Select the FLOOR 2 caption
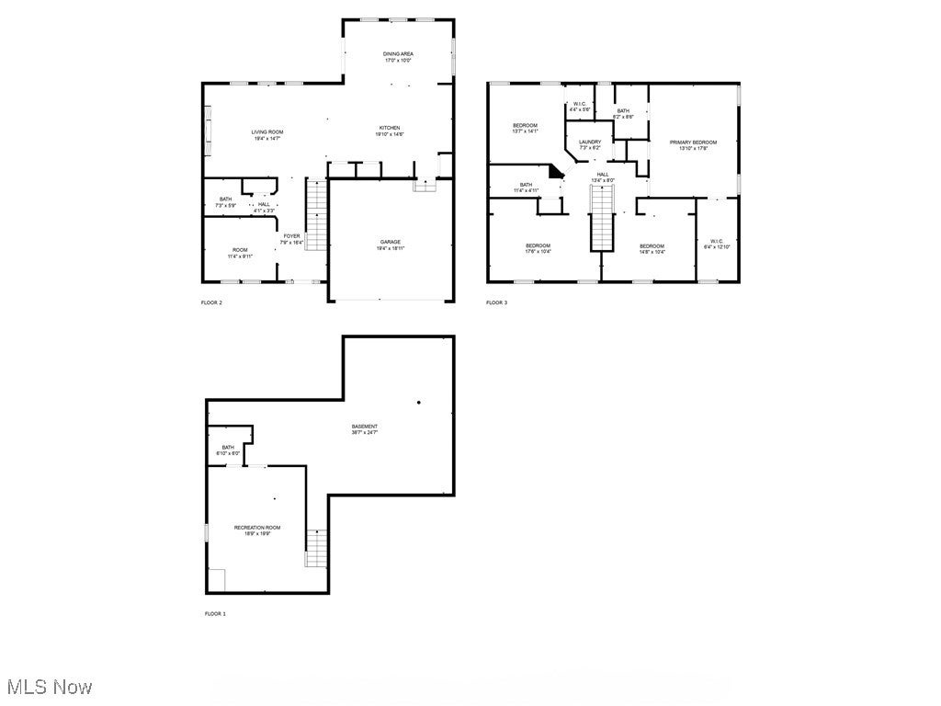[211, 302]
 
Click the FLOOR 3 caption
[496, 302]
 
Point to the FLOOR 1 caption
[214, 613]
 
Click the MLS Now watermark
[48, 687]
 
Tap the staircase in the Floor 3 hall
[601, 216]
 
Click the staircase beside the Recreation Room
[316, 548]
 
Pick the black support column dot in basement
[419, 402]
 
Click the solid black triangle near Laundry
[555, 171]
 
